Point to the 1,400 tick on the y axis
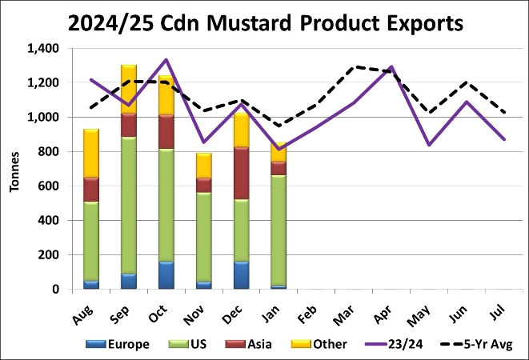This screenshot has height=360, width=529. coord(42,49)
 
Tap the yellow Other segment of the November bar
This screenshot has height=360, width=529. coord(204,165)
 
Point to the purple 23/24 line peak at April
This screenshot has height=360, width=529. coord(392,67)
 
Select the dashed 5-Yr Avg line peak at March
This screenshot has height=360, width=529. coord(355,67)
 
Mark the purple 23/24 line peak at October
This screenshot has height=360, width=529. coord(166,60)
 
